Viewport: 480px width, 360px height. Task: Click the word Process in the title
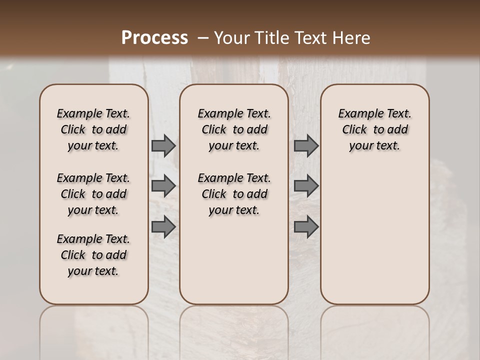click(x=154, y=37)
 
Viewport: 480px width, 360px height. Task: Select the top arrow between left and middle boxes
click(x=163, y=145)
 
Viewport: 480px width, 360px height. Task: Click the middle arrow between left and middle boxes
click(x=163, y=186)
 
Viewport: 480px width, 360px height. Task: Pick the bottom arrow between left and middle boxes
click(x=163, y=227)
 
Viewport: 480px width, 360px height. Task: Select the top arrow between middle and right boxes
click(x=306, y=145)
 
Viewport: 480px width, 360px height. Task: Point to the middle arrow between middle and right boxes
click(x=306, y=186)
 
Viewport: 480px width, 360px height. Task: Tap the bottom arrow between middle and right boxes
click(x=306, y=227)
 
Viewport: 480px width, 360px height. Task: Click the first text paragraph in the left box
click(x=93, y=129)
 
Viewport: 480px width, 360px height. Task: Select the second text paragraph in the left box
click(x=93, y=194)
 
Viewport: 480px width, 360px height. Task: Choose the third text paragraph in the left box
click(x=93, y=255)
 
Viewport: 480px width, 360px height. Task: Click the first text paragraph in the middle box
click(x=234, y=129)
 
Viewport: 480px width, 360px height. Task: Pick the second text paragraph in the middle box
click(x=234, y=194)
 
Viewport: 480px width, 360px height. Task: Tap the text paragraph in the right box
click(x=375, y=129)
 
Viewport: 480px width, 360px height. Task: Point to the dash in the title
click(x=203, y=37)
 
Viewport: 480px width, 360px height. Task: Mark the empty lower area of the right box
click(x=375, y=235)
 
